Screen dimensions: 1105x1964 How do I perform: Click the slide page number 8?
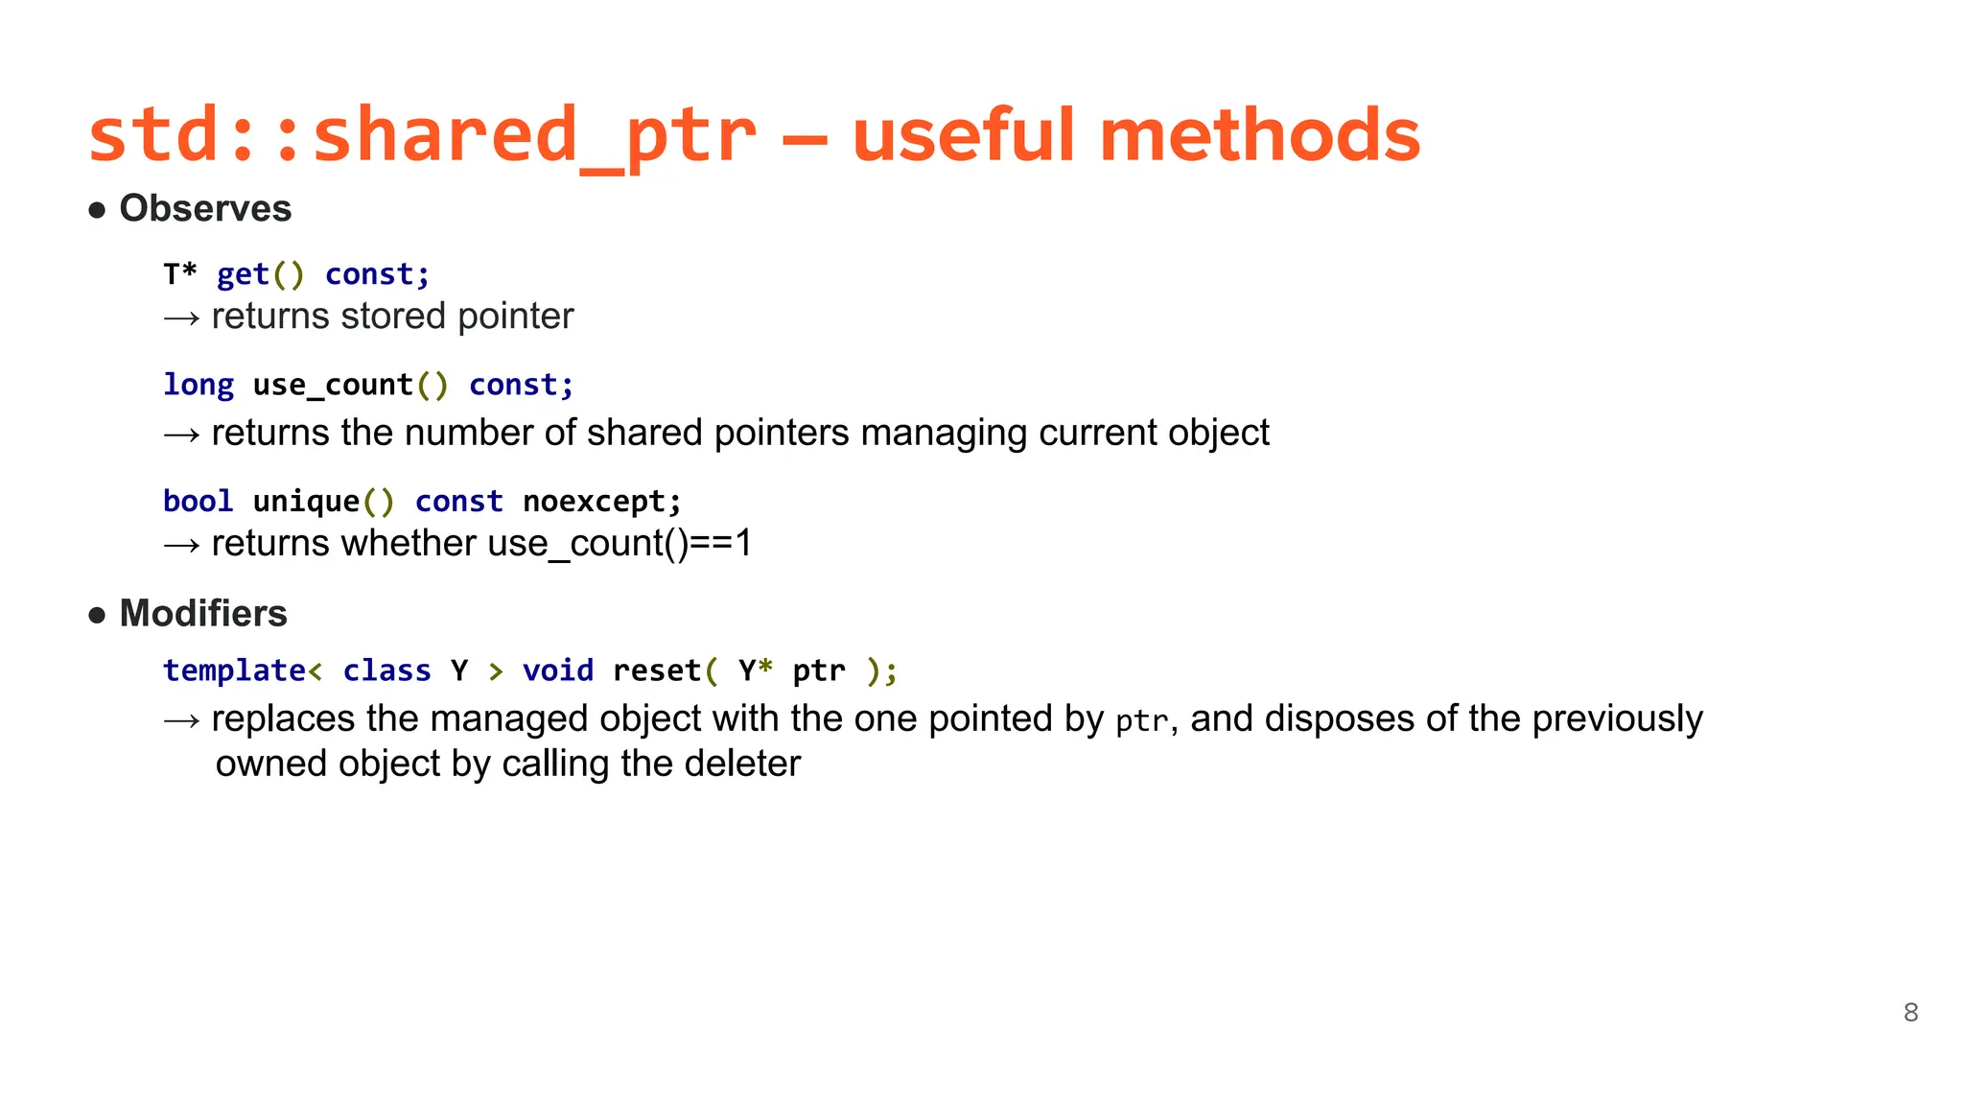coord(1910,1012)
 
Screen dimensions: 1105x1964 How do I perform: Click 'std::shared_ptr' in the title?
coord(422,135)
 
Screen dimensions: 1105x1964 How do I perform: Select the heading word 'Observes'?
coord(205,209)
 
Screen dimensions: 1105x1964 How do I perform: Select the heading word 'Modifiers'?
coord(203,614)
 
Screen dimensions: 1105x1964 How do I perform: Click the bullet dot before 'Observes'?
coord(97,210)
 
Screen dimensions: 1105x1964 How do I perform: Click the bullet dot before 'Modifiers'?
coord(97,615)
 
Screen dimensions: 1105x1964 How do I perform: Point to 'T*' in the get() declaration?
coord(180,274)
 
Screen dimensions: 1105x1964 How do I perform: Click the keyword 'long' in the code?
coord(199,385)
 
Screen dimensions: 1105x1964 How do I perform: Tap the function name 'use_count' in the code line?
coord(333,385)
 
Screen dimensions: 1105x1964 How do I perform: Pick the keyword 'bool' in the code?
coord(199,501)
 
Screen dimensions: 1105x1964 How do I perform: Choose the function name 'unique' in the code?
coord(306,501)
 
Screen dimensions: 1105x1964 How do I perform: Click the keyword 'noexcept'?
coord(594,501)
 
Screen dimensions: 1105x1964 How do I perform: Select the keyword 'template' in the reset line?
coord(234,670)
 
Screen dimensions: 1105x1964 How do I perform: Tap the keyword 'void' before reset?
coord(558,670)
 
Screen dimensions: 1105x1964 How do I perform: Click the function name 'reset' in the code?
coord(657,670)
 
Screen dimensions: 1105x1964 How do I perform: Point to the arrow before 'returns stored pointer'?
coord(181,317)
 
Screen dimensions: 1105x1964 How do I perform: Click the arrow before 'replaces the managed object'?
coord(181,720)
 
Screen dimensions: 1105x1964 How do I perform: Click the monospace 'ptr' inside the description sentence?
coord(1142,721)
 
